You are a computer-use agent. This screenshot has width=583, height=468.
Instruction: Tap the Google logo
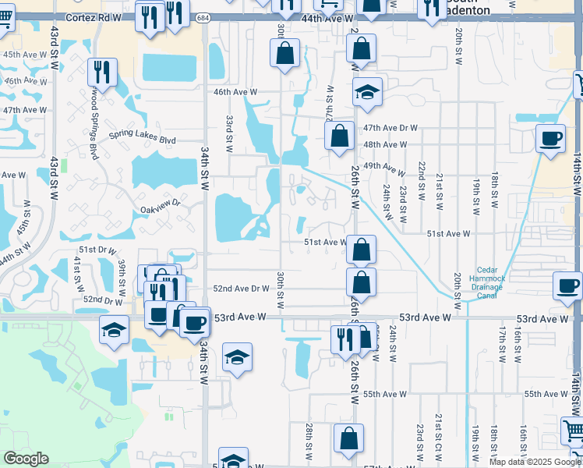[26, 459]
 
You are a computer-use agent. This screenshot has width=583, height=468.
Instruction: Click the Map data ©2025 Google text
[535, 462]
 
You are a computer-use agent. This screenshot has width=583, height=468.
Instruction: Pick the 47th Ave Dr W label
[390, 128]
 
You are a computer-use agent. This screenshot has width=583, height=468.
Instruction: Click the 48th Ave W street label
[385, 145]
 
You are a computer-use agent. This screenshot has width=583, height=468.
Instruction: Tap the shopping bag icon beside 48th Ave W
[339, 136]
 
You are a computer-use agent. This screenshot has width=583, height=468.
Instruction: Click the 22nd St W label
[420, 180]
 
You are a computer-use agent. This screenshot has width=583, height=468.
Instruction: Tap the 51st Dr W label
[97, 250]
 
